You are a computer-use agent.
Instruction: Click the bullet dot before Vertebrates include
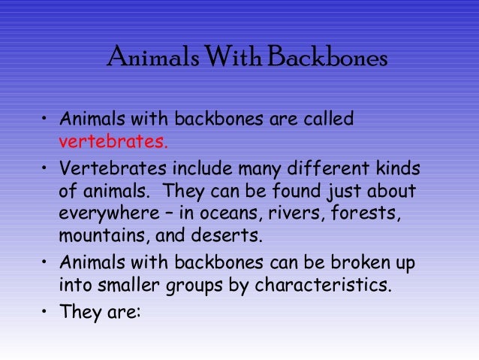pos(45,168)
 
